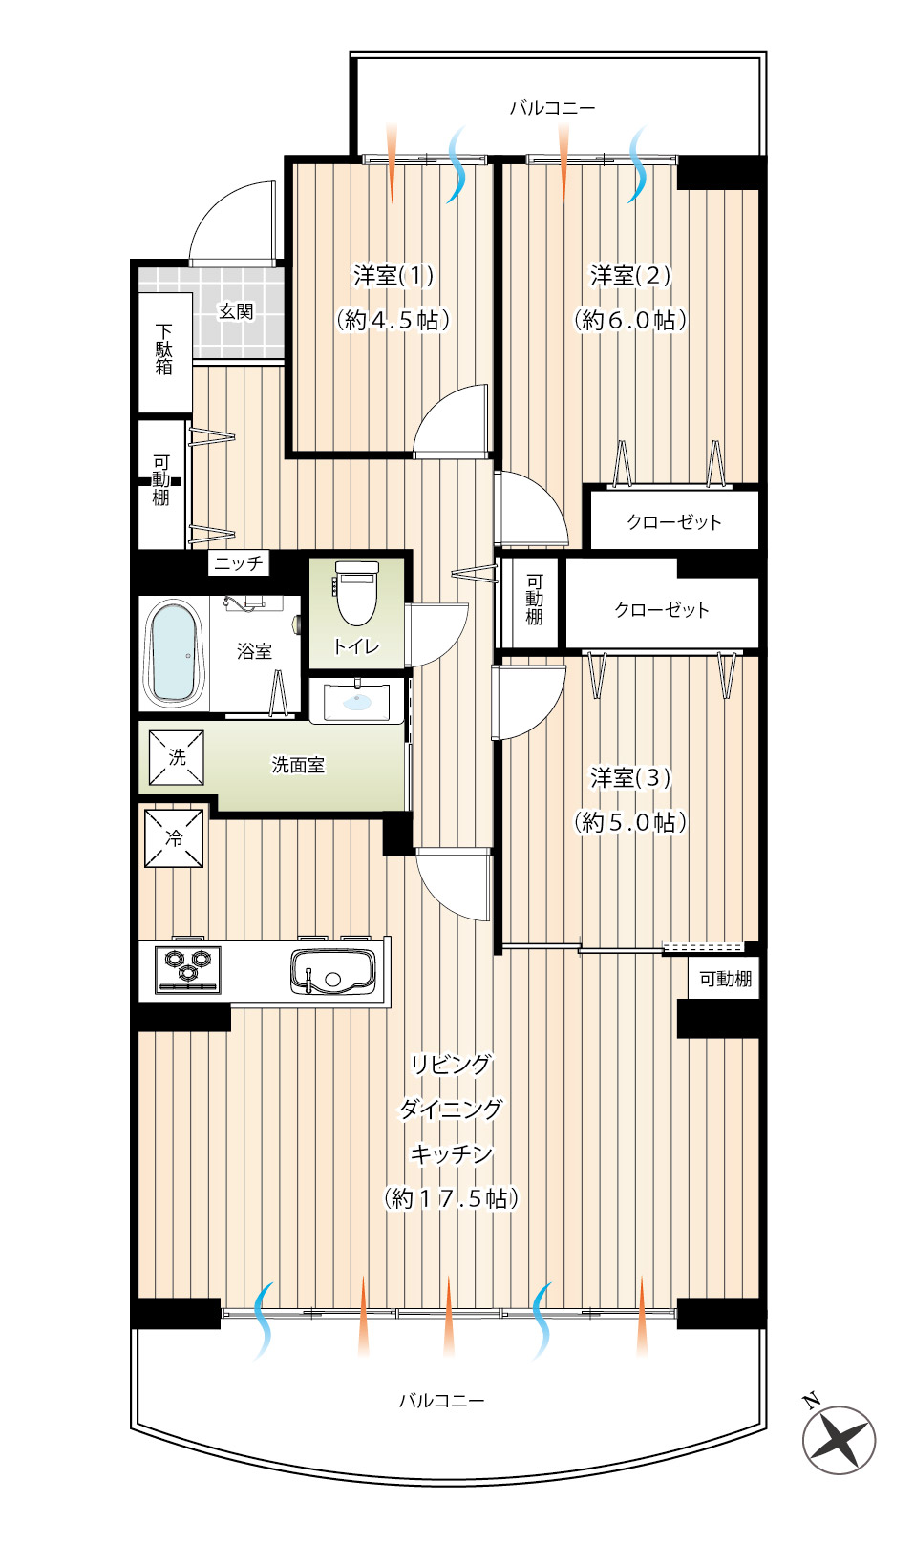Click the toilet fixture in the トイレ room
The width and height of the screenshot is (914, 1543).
coord(356,593)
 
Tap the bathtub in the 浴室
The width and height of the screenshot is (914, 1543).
coord(174,653)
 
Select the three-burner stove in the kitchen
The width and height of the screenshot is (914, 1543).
coord(188,970)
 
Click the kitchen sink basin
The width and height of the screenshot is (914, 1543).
coord(333,971)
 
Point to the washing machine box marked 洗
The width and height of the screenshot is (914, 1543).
coord(177,757)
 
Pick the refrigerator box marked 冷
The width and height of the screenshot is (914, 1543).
coord(174,837)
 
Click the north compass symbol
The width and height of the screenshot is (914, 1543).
coord(838,1440)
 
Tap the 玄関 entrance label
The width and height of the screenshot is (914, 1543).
coord(236,311)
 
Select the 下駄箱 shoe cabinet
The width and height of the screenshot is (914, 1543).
coord(164,352)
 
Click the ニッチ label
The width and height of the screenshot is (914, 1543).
coord(239,562)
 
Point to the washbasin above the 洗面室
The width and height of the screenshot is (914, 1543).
coord(356,701)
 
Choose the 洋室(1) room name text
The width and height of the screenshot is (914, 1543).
coord(393,276)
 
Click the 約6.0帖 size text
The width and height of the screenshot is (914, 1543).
coord(630,320)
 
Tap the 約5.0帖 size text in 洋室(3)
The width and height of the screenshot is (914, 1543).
coord(630,822)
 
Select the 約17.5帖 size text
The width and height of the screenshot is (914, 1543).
coord(451,1198)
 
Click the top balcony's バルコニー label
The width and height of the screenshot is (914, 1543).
coord(552,108)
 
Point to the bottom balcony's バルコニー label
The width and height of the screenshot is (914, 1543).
coord(442,1401)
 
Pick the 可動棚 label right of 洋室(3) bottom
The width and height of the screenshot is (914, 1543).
coord(725,978)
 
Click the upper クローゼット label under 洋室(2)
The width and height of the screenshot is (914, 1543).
coord(674,522)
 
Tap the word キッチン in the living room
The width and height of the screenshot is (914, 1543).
coord(451,1153)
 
